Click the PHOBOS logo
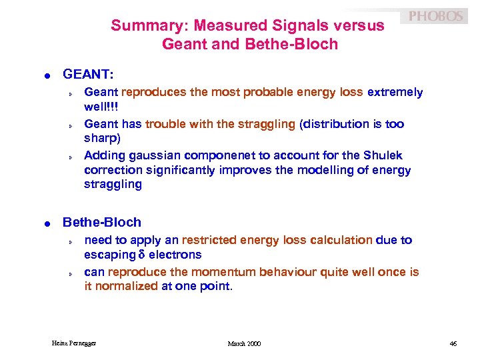coord(435,16)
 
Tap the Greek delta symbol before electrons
coord(142,255)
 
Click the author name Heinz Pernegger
coord(74,343)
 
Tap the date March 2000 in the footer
coord(244,343)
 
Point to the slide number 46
coord(453,343)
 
